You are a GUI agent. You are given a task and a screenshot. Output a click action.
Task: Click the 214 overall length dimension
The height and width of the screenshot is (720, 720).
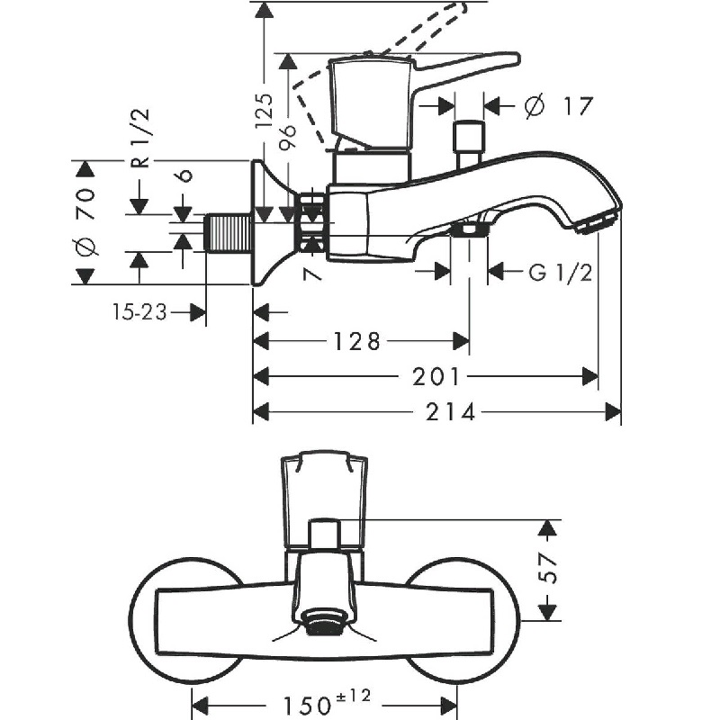[451, 412]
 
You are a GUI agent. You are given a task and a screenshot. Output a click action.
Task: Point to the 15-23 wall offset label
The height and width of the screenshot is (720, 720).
[139, 312]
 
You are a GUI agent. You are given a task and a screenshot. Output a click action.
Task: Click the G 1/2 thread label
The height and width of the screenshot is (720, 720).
[560, 271]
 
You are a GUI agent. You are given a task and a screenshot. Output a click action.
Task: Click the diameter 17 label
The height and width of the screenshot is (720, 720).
[559, 106]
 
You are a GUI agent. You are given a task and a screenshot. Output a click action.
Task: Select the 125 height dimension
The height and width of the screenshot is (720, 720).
[264, 112]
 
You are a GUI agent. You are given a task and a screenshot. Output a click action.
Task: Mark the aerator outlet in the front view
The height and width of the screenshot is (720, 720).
[325, 623]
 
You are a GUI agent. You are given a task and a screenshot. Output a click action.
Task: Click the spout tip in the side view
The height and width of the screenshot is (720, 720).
[598, 221]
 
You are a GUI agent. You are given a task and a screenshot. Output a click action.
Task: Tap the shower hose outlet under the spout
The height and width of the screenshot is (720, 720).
[468, 231]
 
